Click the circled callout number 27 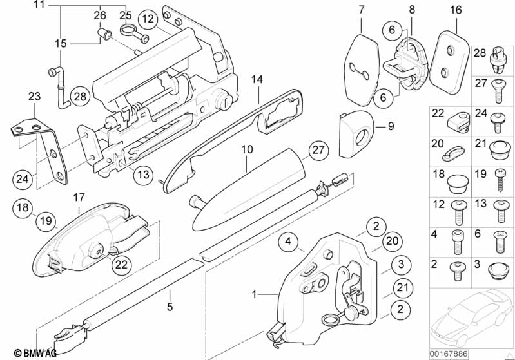318,150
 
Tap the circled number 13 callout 143,175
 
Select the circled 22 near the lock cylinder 121,265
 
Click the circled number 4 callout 288,242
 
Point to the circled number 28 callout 80,97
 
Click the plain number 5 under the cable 170,307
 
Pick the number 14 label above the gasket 258,79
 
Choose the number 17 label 79,198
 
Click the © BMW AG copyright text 35,353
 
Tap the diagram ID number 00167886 449,354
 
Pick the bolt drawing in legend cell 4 457,242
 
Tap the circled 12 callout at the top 148,19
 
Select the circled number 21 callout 402,288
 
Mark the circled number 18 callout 23,208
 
